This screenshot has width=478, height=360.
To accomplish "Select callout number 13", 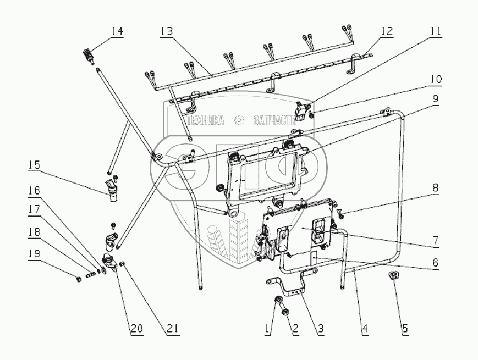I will (166, 32).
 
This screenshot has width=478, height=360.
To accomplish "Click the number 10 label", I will (435, 79).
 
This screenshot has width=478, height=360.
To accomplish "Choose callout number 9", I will (435, 100).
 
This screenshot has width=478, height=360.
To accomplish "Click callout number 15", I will (34, 165).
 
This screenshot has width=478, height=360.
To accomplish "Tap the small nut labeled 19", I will (80, 279).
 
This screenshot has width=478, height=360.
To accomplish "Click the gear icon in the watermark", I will (239, 120).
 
